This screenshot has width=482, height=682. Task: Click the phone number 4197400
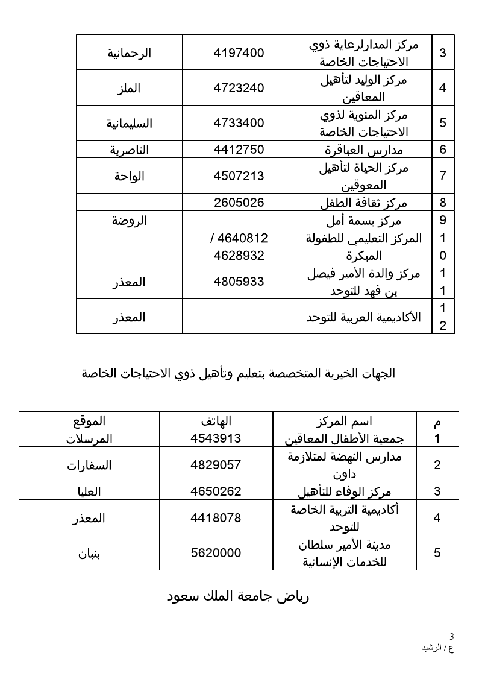239,52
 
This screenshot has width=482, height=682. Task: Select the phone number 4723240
239,88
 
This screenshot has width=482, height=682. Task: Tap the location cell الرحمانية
130,52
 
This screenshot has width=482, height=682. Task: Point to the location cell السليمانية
130,124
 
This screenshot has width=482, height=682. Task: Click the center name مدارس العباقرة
364,150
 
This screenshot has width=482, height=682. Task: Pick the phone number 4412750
239,150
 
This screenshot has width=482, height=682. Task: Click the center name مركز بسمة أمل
364,220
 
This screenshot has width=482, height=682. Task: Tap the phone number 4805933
239,281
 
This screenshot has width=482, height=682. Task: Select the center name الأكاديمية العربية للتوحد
364,317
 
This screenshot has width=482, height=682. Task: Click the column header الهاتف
216,421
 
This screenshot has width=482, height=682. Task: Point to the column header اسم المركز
345,421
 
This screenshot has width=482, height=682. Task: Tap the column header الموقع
89,421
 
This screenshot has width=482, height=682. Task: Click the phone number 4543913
216,438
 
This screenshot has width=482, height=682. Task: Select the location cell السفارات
89,465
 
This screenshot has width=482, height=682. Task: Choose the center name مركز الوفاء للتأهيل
345,491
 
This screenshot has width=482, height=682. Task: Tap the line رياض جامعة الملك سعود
238,597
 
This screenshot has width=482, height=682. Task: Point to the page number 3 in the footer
452,636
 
